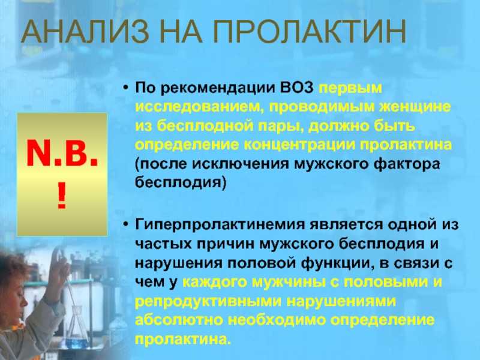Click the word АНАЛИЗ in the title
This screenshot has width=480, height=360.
pyautogui.click(x=85, y=32)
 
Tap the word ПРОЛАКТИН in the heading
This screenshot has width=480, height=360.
pyautogui.click(x=310, y=32)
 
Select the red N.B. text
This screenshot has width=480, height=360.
pyautogui.click(x=62, y=154)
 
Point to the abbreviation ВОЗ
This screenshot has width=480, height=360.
pyautogui.click(x=296, y=88)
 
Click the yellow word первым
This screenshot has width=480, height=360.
pyautogui.click(x=350, y=89)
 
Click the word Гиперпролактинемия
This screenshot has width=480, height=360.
pyautogui.click(x=220, y=225)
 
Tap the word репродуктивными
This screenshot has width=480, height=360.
pyautogui.click(x=208, y=302)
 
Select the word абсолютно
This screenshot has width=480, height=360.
pyautogui.click(x=179, y=320)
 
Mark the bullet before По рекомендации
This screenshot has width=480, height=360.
pyautogui.click(x=125, y=88)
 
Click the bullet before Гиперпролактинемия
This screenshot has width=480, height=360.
pyautogui.click(x=125, y=225)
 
